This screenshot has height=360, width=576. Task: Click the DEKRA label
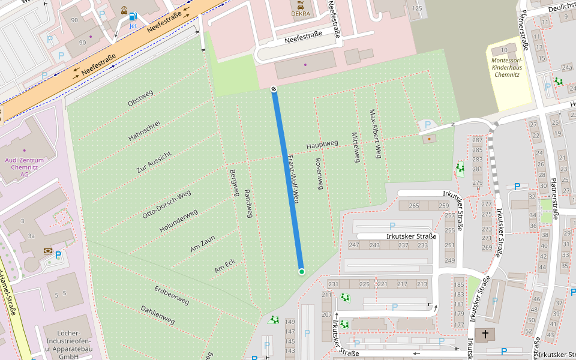(301, 13)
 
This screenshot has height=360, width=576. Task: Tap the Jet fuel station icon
(132, 17)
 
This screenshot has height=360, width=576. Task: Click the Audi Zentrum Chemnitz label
(24, 167)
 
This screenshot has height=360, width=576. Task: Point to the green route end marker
(301, 272)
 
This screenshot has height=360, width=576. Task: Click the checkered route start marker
(274, 89)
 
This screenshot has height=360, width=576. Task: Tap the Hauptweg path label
(322, 145)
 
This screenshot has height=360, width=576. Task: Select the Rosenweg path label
(319, 174)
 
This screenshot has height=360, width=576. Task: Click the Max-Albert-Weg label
(375, 134)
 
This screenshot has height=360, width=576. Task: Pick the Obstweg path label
(140, 98)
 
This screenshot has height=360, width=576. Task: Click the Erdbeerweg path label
(172, 295)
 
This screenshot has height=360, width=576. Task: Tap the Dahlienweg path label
(157, 315)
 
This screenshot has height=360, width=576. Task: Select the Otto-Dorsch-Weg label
(166, 203)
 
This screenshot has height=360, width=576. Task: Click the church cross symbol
(485, 334)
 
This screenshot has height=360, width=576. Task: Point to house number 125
(417, 8)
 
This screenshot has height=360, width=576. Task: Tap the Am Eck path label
(224, 266)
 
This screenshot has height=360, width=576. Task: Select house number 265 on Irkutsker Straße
(413, 206)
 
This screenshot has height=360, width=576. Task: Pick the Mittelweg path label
(356, 148)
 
